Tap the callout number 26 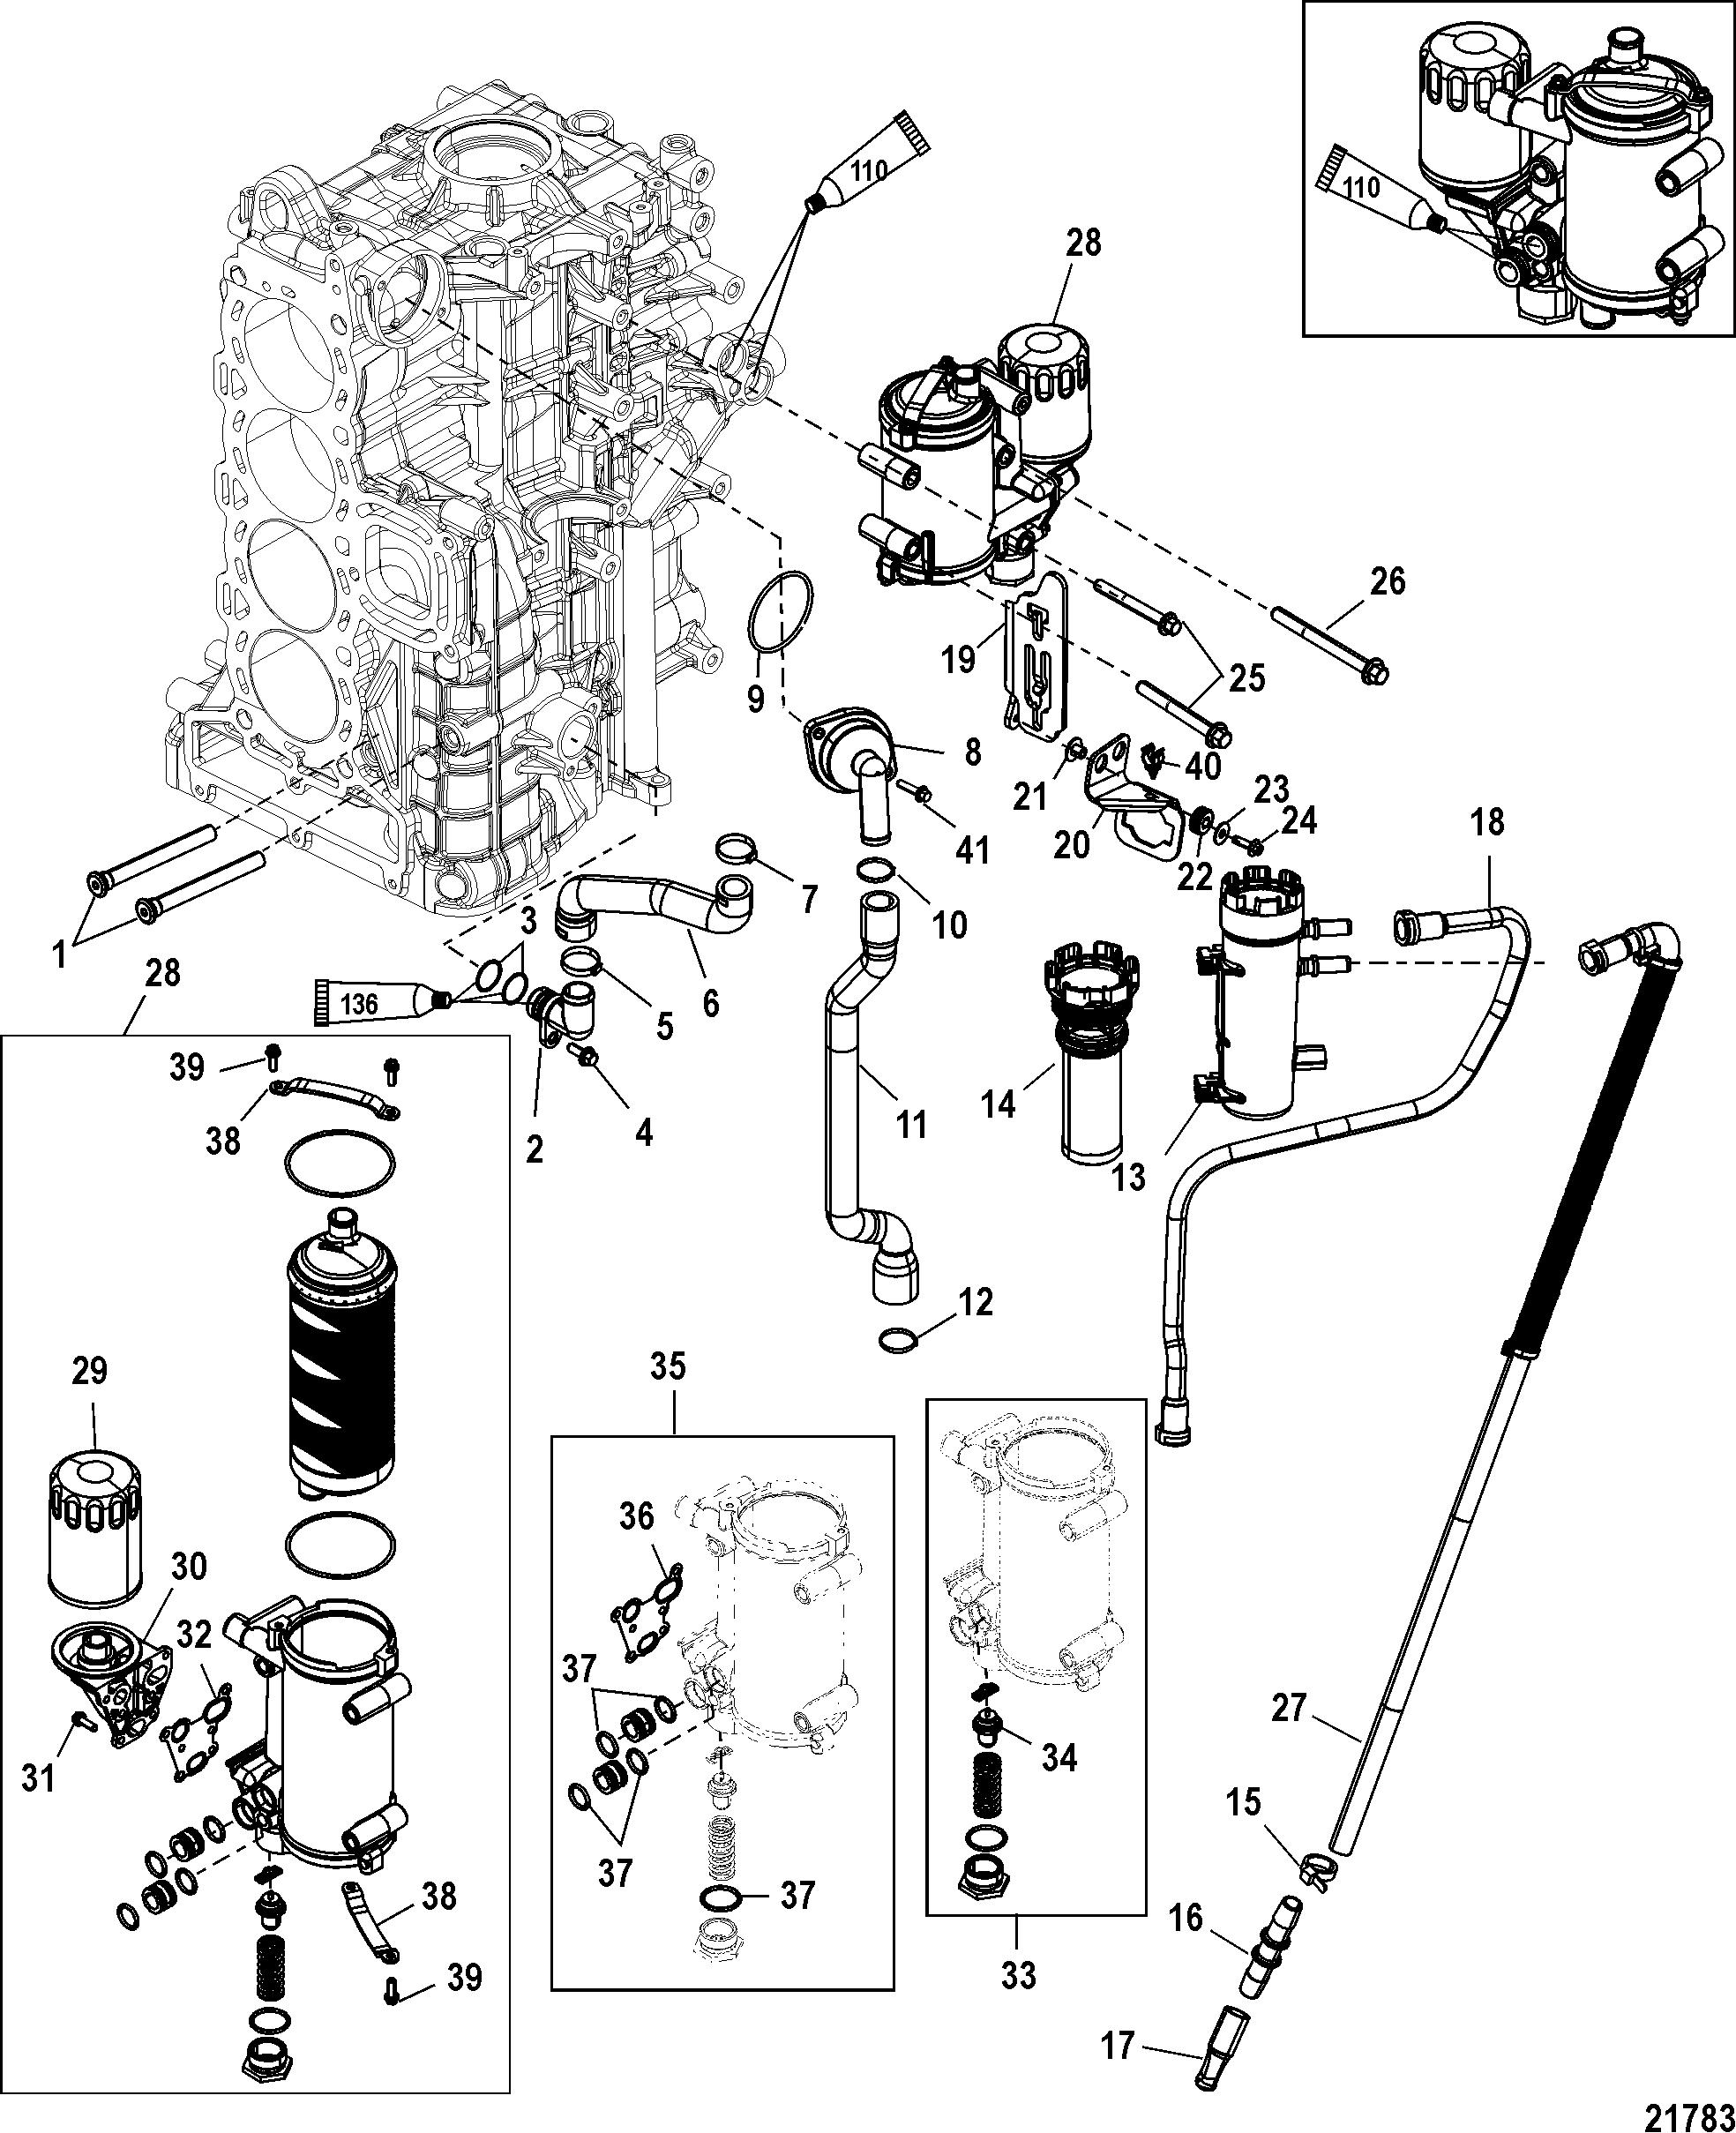[x=1388, y=581]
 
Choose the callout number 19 [x=959, y=659]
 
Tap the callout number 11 [x=911, y=1124]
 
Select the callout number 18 [x=1487, y=822]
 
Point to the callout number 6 [x=710, y=1001]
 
